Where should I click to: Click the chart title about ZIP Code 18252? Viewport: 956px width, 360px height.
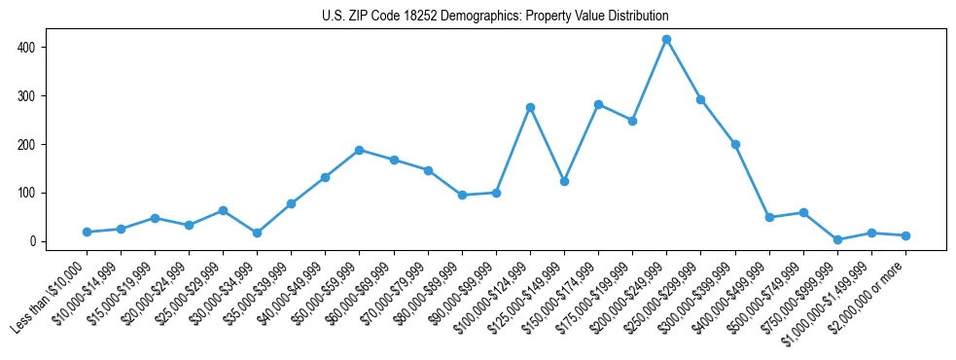pos(495,17)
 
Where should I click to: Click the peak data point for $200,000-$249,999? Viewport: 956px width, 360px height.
pos(666,39)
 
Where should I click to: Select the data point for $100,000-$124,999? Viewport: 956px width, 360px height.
pos(530,107)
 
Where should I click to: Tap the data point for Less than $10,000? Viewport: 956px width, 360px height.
pos(87,232)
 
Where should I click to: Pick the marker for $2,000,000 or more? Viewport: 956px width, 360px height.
pos(905,235)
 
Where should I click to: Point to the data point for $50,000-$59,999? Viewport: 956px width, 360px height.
pos(360,150)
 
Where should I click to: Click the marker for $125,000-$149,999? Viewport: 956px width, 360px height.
pos(564,181)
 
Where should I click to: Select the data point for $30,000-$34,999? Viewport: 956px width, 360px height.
pos(257,233)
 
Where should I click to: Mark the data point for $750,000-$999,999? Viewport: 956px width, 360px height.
pos(837,239)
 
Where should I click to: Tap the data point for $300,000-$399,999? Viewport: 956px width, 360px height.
pos(735,144)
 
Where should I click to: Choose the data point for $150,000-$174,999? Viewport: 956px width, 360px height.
pos(598,104)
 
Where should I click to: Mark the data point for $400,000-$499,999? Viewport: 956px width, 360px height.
pos(769,217)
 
